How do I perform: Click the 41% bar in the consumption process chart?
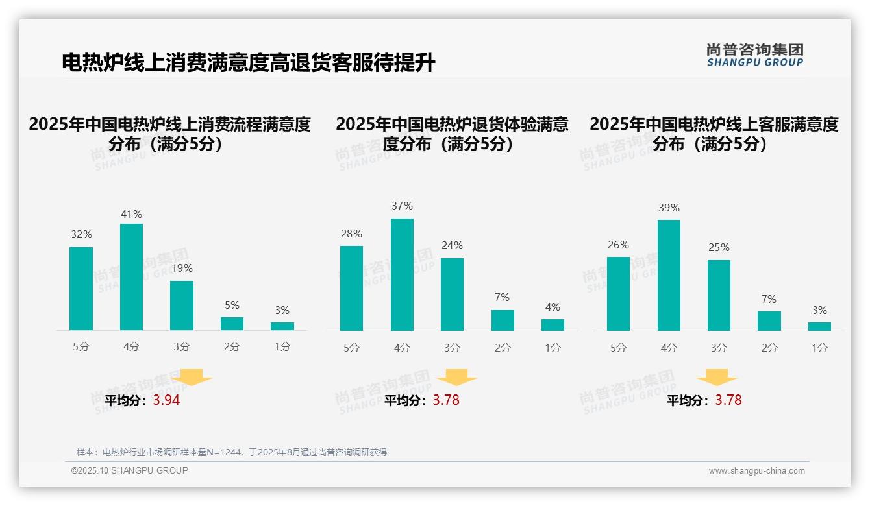tap(131, 277)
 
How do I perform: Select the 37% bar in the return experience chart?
tap(402, 274)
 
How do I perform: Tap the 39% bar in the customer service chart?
tap(669, 275)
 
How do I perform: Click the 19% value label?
tap(182, 268)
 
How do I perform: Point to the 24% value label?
tap(453, 245)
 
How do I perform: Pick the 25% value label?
tap(719, 247)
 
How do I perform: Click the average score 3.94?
tap(166, 400)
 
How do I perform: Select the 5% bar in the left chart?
tap(232, 324)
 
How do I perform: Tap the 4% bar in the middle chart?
tap(553, 325)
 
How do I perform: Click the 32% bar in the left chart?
tap(81, 289)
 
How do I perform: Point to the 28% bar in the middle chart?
tap(351, 288)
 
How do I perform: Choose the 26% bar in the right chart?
tap(618, 294)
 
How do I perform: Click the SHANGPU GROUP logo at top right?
tap(754, 55)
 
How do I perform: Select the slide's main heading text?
tap(248, 63)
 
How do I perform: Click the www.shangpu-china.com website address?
tap(756, 471)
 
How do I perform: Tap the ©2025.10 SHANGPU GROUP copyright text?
tap(130, 470)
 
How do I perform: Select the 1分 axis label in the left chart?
tap(282, 347)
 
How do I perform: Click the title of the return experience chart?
tap(452, 134)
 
